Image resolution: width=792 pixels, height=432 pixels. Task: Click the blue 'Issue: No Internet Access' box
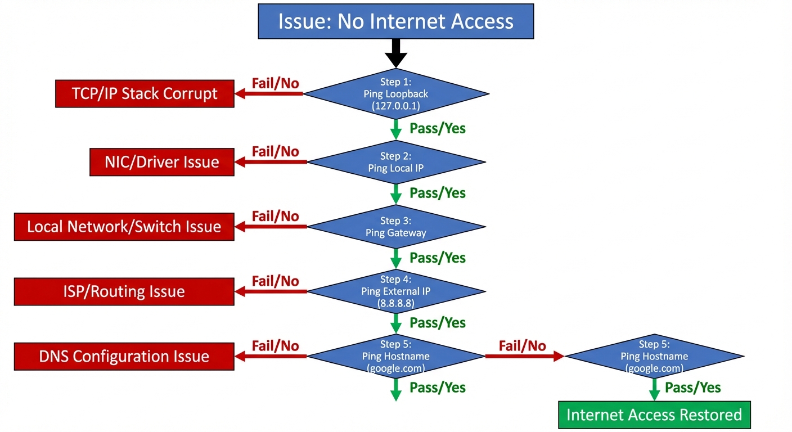click(x=395, y=21)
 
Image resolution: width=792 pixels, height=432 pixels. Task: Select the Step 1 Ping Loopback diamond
click(x=395, y=94)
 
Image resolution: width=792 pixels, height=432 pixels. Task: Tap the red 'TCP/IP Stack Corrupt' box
click(x=145, y=93)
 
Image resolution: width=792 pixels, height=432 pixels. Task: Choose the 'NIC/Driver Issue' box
click(x=161, y=163)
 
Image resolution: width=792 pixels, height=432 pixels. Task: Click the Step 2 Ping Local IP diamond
click(x=395, y=162)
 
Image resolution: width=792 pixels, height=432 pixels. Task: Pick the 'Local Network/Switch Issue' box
click(x=124, y=227)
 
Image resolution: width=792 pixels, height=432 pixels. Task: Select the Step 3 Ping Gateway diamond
click(x=395, y=227)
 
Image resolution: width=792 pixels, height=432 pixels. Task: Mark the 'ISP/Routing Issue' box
click(x=124, y=291)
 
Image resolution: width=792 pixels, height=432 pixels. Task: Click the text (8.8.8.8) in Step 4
click(x=396, y=303)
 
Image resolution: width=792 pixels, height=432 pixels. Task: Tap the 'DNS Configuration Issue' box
click(x=124, y=356)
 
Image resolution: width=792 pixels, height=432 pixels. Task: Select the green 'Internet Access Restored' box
click(x=654, y=415)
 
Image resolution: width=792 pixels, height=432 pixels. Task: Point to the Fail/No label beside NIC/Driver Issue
click(x=275, y=151)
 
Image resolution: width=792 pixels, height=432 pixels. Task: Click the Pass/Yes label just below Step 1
click(x=438, y=128)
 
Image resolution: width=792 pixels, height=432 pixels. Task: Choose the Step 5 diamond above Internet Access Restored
click(x=654, y=356)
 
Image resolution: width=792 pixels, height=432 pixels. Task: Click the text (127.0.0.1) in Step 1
click(x=396, y=106)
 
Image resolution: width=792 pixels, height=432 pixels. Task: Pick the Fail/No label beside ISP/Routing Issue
click(x=275, y=281)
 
